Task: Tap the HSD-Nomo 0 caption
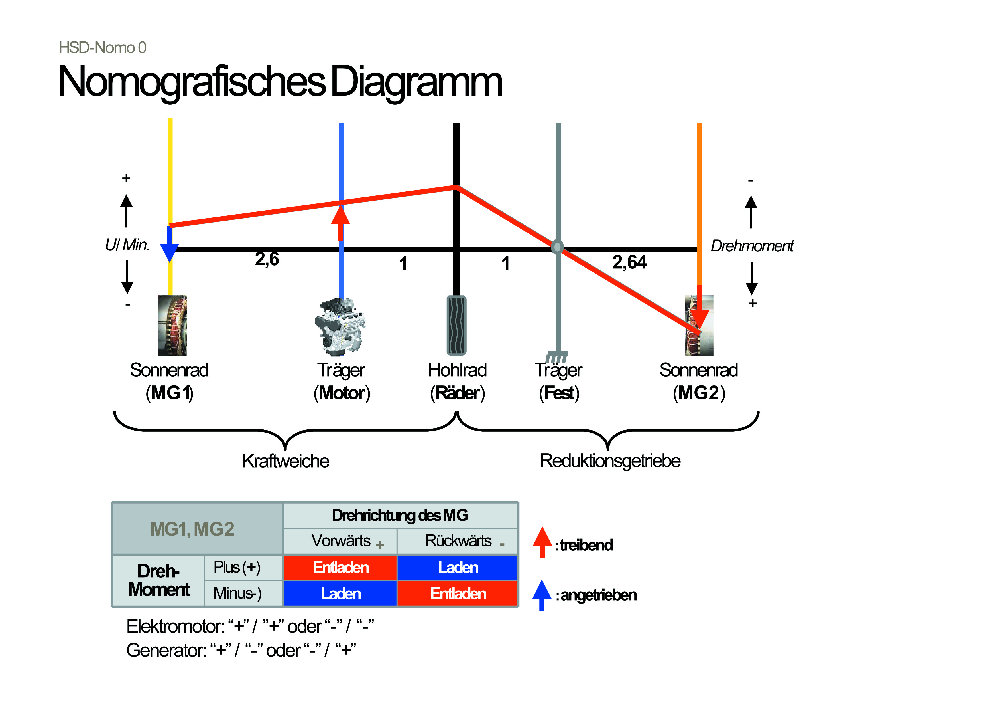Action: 102,47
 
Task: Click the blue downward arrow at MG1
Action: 169,244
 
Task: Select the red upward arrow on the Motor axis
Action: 340,223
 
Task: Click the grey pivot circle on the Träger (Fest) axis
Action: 557,247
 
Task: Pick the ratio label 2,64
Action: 629,262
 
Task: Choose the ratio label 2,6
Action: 267,259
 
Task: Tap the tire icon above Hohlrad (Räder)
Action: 456,325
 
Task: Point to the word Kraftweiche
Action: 286,461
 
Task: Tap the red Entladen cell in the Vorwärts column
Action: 340,567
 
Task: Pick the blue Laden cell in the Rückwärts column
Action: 458,567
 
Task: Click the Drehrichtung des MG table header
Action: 400,515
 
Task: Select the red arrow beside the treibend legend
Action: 542,542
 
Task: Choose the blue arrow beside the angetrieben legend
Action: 542,595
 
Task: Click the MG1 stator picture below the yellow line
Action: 172,325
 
